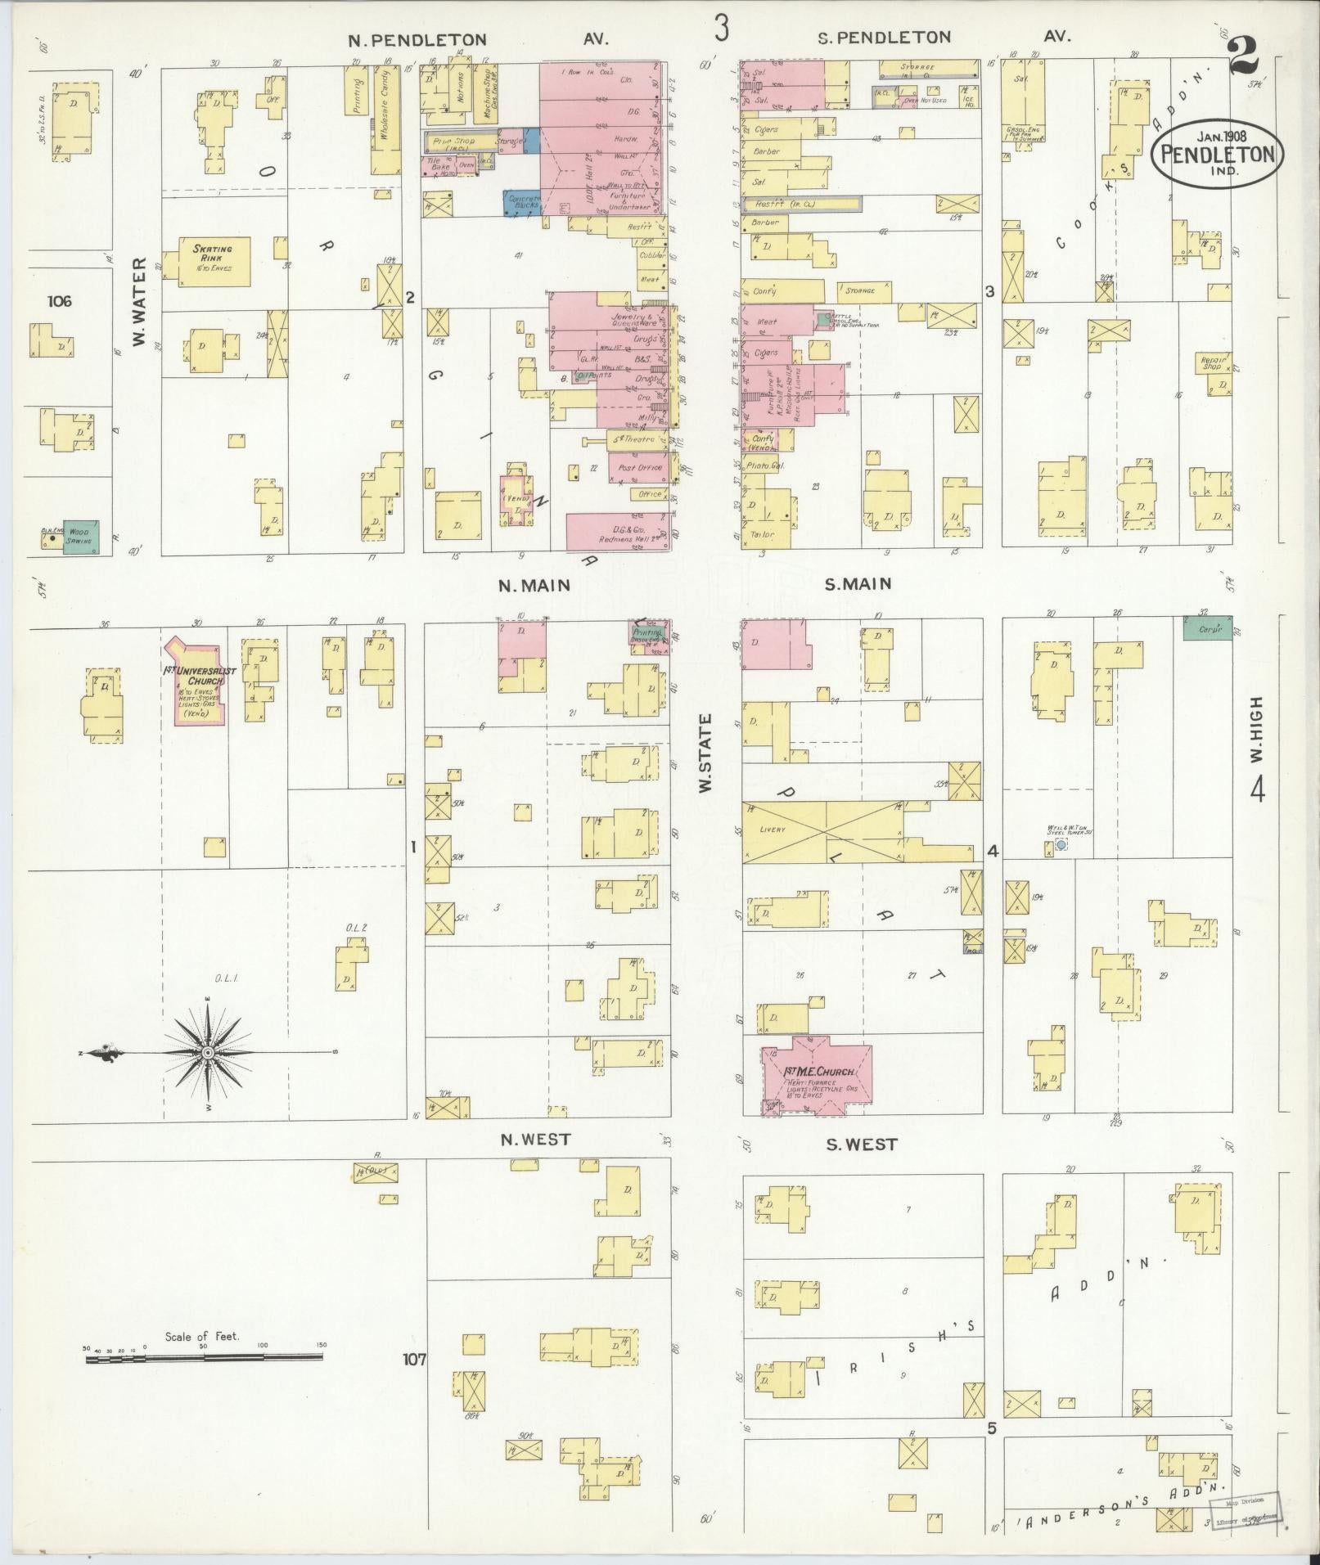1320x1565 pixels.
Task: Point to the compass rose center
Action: point(208,1052)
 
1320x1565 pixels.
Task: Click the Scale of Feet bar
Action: point(204,1358)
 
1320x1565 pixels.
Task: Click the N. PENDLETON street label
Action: point(417,39)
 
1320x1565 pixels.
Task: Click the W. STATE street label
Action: point(705,752)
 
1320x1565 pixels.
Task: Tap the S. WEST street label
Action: point(861,1145)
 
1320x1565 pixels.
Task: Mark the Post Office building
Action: point(639,468)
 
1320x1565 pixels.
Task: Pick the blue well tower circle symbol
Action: point(1061,844)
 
